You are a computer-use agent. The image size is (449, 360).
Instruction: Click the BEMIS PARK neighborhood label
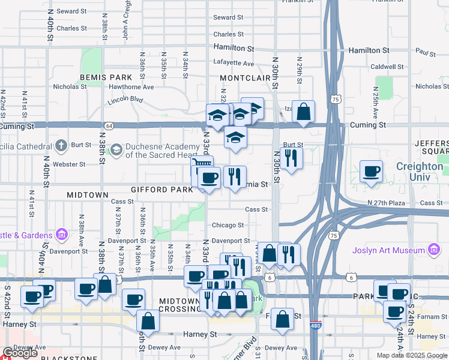point(106,78)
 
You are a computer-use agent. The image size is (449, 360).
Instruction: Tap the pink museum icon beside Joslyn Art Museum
point(433,250)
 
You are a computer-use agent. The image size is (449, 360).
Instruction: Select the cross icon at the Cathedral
point(61,146)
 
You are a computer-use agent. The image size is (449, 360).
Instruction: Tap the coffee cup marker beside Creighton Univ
point(372,171)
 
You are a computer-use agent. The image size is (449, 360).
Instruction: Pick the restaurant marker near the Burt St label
point(291,158)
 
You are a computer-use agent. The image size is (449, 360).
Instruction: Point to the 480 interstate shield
point(316,326)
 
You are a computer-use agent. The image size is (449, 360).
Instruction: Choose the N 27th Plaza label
point(387,203)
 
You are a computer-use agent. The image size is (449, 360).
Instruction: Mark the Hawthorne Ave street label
point(131,86)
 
